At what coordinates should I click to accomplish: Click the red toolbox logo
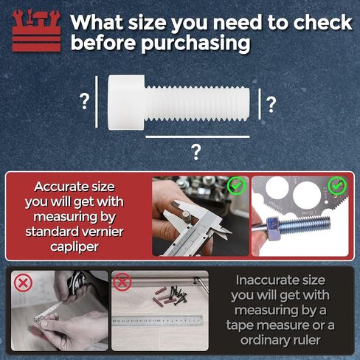point(36,31)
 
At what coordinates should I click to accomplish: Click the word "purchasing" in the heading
point(195,44)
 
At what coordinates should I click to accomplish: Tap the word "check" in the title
point(323,23)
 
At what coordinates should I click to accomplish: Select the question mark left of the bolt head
point(84,102)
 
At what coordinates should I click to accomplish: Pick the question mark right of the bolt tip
point(271,105)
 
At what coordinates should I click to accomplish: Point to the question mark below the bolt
point(196,153)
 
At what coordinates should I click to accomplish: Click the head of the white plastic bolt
point(126,103)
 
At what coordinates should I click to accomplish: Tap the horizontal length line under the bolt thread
point(198,136)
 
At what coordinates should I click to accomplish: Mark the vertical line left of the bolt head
point(97,102)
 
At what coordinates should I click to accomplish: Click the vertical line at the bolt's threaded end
point(260,104)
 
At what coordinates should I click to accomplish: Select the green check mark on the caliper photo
point(236,186)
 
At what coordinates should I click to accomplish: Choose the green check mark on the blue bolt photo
point(337,186)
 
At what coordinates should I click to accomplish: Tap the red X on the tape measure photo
point(23,283)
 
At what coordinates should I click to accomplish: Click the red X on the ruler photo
point(122,282)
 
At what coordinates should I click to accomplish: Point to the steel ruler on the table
point(158,321)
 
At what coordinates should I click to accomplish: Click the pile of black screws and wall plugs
point(172,295)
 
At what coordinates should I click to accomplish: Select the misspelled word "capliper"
point(75,247)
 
